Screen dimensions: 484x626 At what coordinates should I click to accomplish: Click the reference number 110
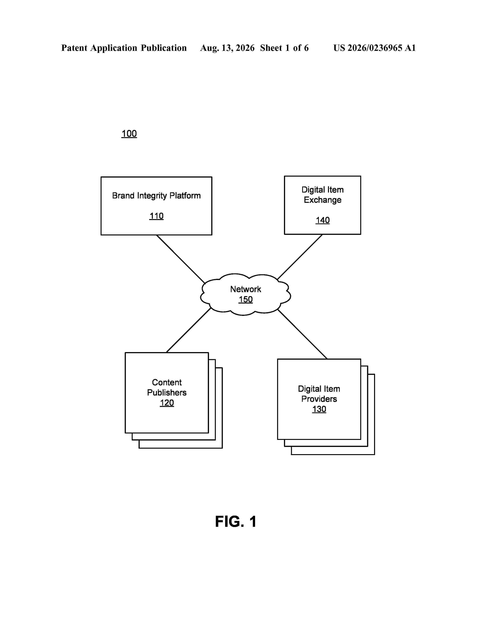coord(156,216)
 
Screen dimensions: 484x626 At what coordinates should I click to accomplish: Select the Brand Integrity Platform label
coord(156,196)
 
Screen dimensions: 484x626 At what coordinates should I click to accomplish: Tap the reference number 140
coord(322,220)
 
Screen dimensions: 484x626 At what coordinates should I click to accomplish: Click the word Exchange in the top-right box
coord(322,200)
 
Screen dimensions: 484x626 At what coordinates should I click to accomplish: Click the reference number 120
coord(167,403)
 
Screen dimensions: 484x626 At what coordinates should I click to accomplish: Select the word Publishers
coord(167,392)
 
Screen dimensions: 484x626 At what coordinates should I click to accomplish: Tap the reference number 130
coord(319,409)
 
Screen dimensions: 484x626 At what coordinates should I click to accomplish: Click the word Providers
coord(319,399)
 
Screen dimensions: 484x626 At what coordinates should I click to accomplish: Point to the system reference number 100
coord(129,134)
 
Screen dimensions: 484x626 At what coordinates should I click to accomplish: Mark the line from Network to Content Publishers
coord(189,330)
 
